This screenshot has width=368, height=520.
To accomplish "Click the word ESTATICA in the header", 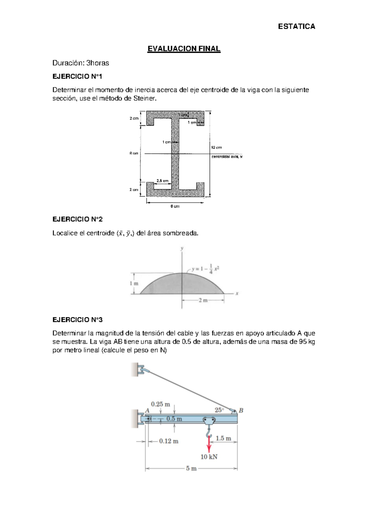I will pos(296,26).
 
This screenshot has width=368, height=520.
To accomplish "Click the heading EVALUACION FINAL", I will pos(184,49).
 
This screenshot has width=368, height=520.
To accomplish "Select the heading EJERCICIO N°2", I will pos(78,219).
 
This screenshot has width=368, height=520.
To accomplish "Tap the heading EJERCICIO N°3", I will pos(78,320).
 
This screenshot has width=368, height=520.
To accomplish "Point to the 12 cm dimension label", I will pos(217,147).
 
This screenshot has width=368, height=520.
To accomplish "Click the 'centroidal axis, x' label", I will pos(227,157).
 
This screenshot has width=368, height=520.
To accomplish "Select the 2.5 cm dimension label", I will pos(163,181).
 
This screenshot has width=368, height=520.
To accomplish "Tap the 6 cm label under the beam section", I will pos(175,206).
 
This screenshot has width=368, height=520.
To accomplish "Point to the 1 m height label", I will pos(134,283).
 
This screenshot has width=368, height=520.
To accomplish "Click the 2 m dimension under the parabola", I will pos(203,300).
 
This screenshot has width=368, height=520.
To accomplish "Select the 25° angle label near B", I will pos(219,410).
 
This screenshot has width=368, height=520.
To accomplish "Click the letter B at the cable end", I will pos(241,410).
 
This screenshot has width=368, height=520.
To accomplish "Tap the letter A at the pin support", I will pos(147,411).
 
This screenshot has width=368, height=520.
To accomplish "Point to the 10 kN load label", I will pos(209,457).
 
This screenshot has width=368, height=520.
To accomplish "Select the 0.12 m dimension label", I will pos(169,441).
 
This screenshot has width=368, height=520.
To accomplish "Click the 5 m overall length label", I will pos(191,468).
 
